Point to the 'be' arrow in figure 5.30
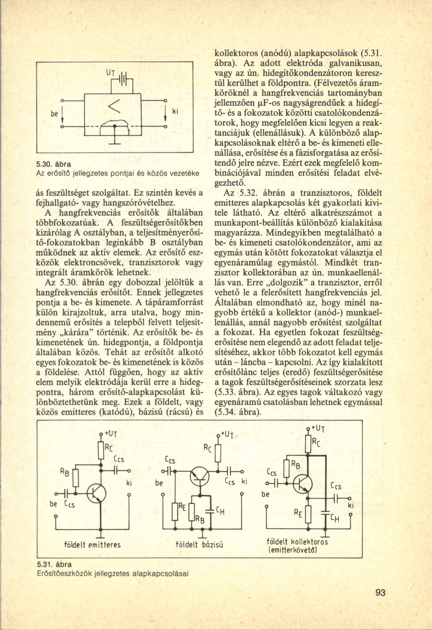click(x=62, y=115)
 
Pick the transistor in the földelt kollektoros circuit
click(x=303, y=484)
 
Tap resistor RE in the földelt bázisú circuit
click(x=175, y=511)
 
